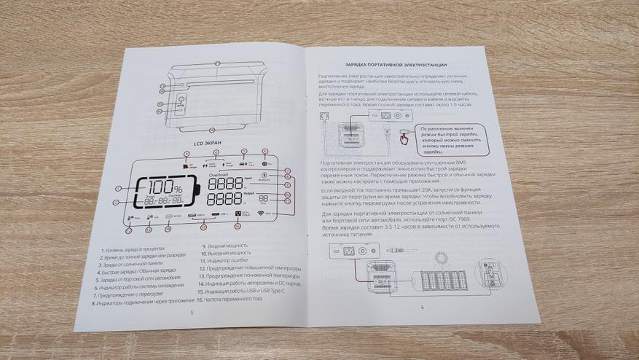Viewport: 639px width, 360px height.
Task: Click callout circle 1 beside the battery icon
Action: tap(117, 189)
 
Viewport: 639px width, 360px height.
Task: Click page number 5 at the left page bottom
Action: tap(191, 311)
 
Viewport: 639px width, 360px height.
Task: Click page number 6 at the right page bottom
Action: tap(422, 307)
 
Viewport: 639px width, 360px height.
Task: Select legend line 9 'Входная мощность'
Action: tap(229, 247)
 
